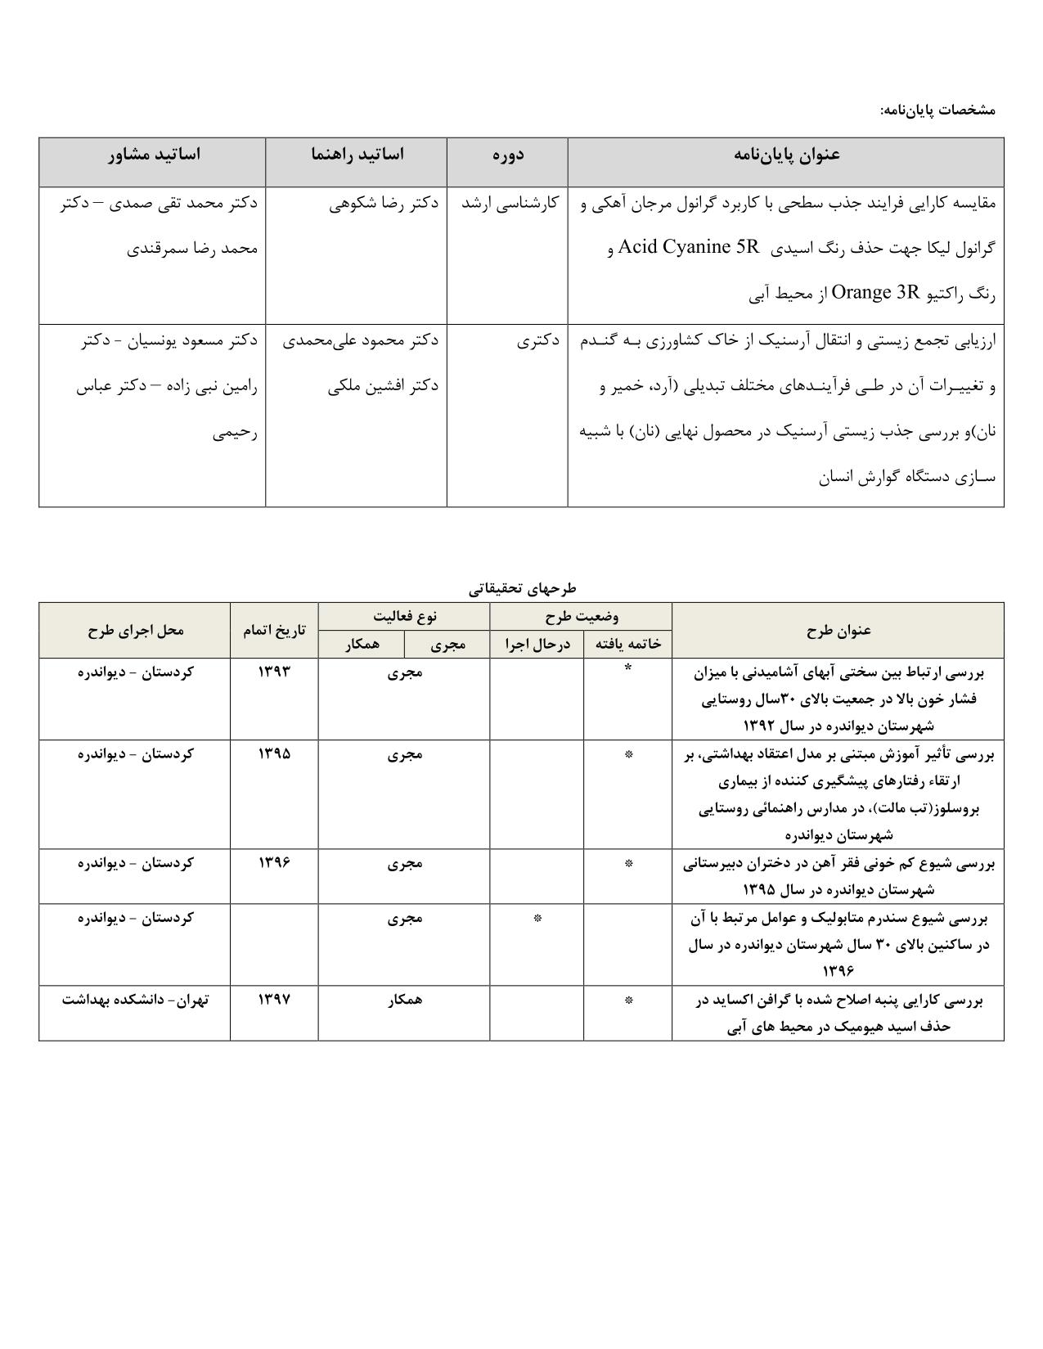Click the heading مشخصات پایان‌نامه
(937, 109)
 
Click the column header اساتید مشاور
(153, 155)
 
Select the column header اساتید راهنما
(357, 155)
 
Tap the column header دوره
(507, 155)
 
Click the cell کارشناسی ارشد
(509, 203)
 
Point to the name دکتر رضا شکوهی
(384, 203)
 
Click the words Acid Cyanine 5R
(689, 247)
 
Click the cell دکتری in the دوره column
(537, 340)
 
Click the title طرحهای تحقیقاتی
(522, 588)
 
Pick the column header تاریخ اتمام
(274, 630)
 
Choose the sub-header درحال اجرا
(537, 645)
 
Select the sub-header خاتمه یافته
(627, 645)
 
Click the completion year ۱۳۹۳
(274, 672)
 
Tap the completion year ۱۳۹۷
(274, 999)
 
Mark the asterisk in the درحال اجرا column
(537, 918)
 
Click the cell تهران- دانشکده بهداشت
(135, 999)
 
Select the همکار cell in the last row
(404, 999)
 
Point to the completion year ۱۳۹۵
(274, 753)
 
